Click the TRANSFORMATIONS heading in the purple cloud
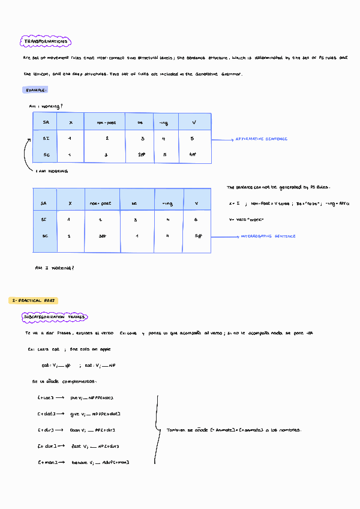(46, 41)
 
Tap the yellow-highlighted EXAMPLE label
(35, 90)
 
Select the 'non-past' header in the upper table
(106, 122)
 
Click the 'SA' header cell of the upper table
(46, 122)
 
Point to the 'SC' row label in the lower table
(44, 236)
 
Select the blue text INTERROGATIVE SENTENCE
(268, 236)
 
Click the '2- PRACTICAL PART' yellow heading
(34, 300)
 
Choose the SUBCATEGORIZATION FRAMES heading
(55, 317)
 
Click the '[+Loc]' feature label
(46, 397)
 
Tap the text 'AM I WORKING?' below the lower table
(55, 268)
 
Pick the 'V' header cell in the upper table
(194, 122)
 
